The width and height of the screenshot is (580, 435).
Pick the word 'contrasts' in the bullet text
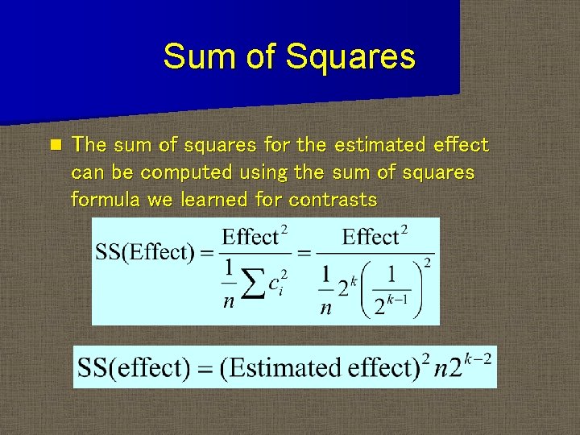point(333,199)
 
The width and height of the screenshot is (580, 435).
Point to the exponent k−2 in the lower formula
point(485,356)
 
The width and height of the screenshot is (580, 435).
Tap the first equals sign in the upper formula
point(205,253)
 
